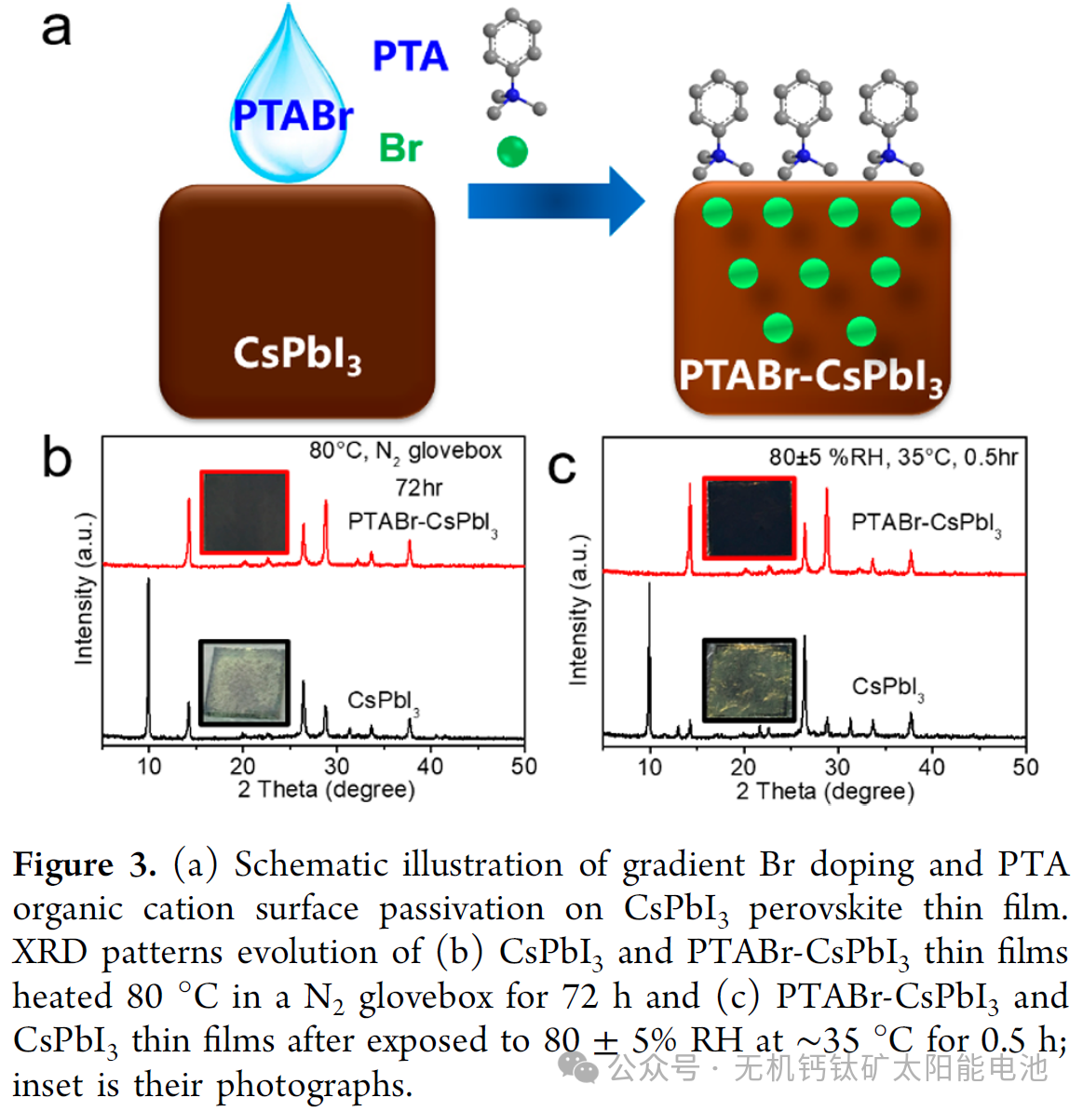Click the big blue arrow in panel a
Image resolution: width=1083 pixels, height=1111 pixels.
[555, 201]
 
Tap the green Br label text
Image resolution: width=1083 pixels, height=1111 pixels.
[400, 148]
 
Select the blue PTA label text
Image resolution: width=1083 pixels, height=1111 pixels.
[410, 57]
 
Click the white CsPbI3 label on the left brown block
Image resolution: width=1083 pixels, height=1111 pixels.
[297, 355]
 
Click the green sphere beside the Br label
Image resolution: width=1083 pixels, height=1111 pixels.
[512, 151]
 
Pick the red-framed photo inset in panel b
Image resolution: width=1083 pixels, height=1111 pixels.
[244, 512]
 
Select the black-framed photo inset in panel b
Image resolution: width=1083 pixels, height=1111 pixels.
[244, 682]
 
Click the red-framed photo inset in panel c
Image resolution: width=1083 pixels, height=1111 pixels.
[749, 518]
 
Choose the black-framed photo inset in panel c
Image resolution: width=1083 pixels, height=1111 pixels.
[749, 680]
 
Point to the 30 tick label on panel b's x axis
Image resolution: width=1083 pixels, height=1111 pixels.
[336, 766]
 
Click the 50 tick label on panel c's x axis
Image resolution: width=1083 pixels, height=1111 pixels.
[1025, 767]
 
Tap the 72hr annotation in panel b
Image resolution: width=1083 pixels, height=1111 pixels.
[418, 487]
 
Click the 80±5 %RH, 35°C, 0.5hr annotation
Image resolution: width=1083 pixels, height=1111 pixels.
[893, 457]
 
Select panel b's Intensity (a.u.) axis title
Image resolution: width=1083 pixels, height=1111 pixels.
[84, 588]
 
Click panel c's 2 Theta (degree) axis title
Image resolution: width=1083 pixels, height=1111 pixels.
[825, 792]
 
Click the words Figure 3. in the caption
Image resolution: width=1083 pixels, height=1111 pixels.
[84, 864]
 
